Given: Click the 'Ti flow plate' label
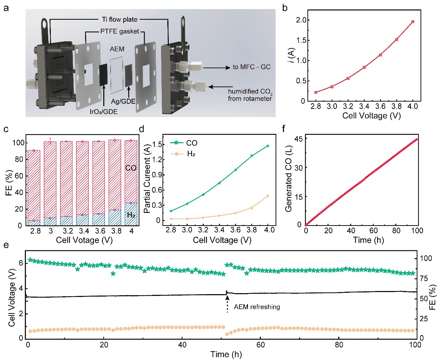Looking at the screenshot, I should (x=120, y=20).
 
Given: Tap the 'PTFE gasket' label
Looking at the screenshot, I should (x=119, y=32).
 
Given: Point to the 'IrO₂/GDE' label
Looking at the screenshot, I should (x=104, y=112).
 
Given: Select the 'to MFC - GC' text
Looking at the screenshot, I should (x=251, y=67).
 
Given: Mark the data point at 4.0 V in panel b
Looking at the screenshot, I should (x=413, y=22).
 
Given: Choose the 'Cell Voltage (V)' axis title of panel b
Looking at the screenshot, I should (x=371, y=116).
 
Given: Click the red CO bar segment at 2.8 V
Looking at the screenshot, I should (x=34, y=186).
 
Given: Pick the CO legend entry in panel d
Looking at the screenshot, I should (x=185, y=143).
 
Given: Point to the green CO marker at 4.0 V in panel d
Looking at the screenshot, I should (x=268, y=146).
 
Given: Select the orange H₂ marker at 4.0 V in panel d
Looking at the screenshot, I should (x=268, y=196).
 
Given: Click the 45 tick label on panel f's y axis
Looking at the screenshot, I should (x=298, y=139).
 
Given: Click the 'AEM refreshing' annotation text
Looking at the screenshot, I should (x=257, y=307).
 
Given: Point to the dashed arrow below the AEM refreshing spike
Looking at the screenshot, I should (x=227, y=304).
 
